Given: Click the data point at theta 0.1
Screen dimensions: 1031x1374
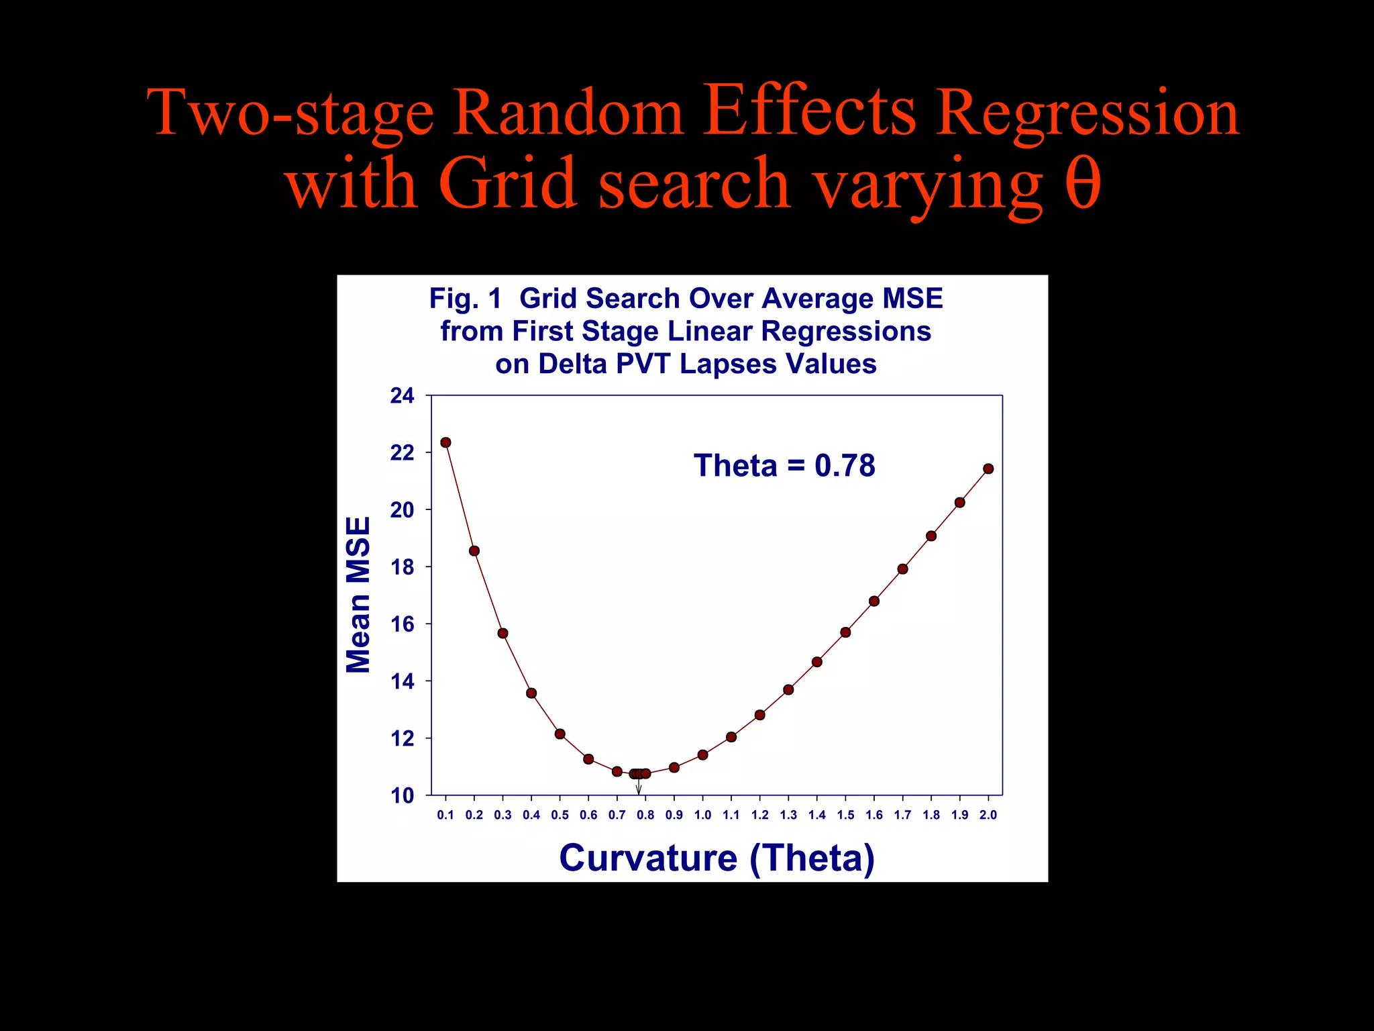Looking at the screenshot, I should [x=445, y=442].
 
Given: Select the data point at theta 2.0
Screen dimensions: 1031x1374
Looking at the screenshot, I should [x=988, y=469].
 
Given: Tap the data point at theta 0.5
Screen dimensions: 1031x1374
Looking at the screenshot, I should [x=560, y=734].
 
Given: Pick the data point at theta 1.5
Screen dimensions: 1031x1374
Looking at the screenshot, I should [x=845, y=632].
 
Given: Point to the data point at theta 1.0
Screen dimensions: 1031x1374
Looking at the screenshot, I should [x=702, y=754].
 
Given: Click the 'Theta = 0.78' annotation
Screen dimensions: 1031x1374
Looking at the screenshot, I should [x=784, y=465].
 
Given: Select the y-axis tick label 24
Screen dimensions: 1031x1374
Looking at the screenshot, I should [x=403, y=396].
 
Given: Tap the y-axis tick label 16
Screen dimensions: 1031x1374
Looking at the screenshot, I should [x=403, y=624].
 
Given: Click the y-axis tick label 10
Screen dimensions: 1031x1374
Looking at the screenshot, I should [x=403, y=796].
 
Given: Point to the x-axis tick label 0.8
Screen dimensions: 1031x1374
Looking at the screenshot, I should [x=645, y=815].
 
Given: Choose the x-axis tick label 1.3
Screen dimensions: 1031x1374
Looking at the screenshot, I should [x=788, y=815].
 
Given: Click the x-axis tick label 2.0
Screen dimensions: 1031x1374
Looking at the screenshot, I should [x=988, y=815].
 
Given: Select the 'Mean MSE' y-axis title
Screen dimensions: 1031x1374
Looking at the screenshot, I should [x=358, y=595].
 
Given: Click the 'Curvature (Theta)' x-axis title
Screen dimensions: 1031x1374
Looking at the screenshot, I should [x=717, y=858].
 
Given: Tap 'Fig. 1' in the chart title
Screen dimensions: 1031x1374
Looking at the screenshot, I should [x=466, y=299].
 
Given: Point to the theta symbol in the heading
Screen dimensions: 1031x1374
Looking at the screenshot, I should [x=1082, y=183].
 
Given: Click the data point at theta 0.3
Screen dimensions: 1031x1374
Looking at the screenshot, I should [x=503, y=633].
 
